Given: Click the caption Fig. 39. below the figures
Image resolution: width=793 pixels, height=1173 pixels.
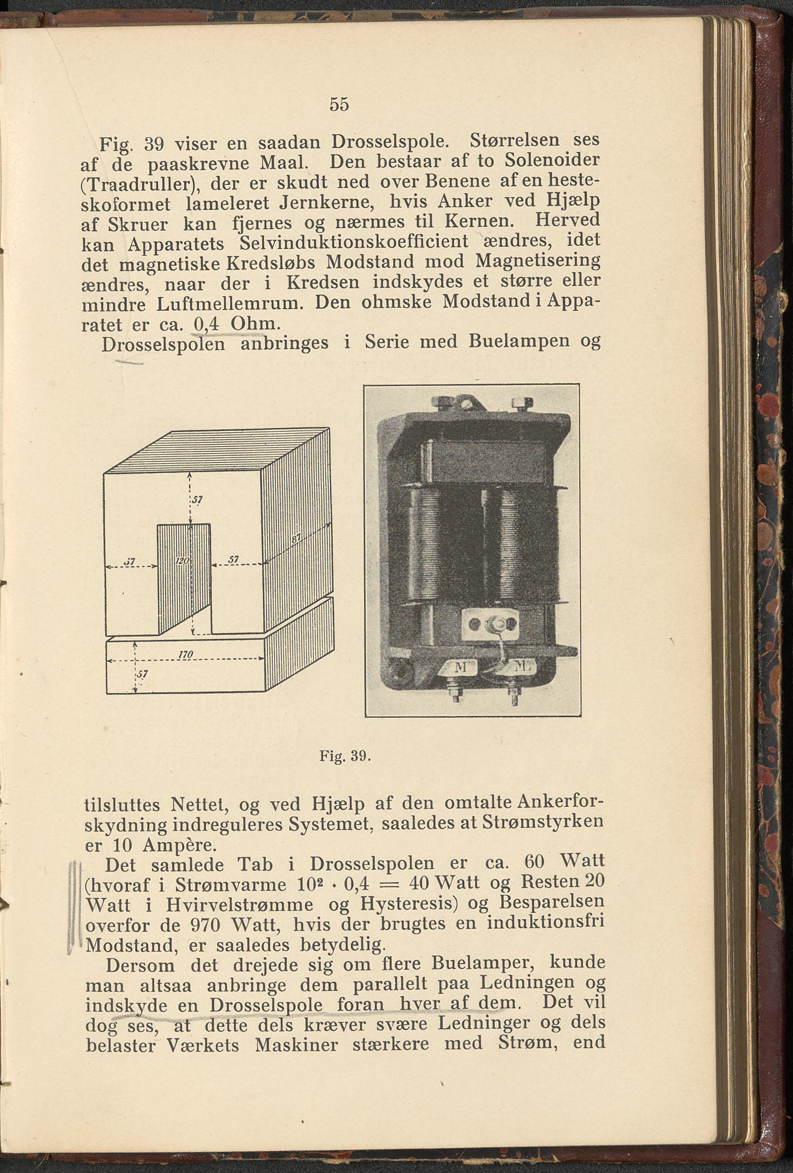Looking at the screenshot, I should click(x=345, y=756).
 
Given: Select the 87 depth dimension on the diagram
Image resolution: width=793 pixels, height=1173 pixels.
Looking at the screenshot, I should click(x=296, y=539).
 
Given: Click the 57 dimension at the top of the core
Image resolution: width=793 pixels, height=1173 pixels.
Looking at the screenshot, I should click(x=197, y=500).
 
